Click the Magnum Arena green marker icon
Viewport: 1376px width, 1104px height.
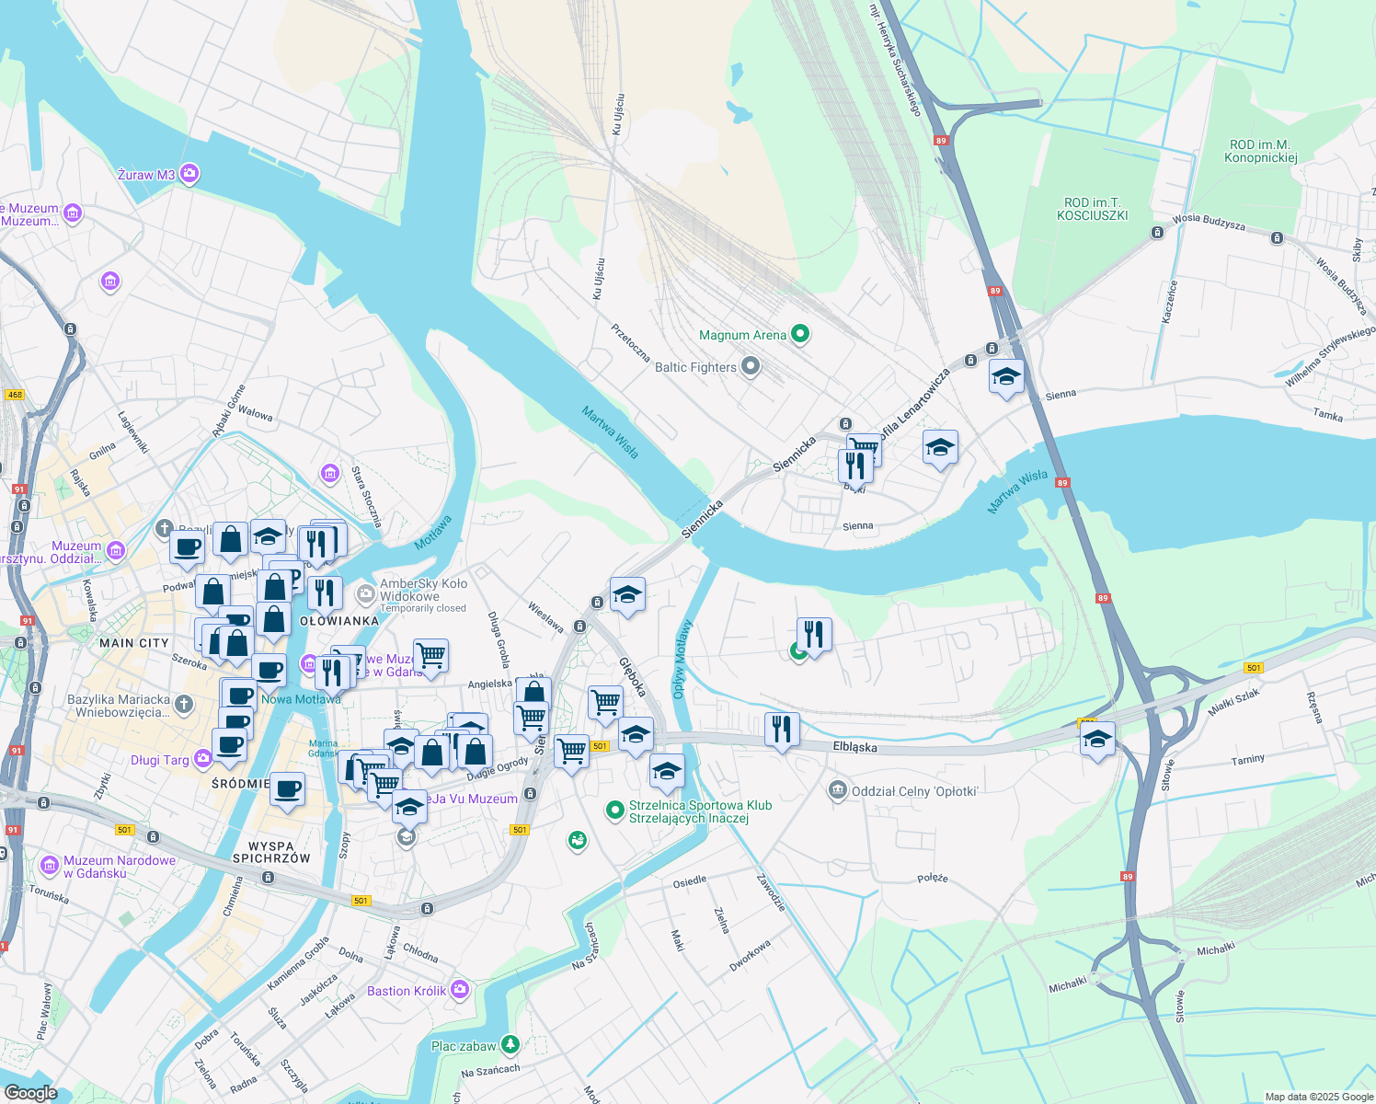pos(800,335)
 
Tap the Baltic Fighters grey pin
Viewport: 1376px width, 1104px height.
pos(751,367)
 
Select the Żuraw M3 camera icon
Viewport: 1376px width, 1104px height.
pos(189,173)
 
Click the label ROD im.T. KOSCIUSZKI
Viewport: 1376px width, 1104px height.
pos(1093,209)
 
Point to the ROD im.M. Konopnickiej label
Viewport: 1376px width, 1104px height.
pos(1260,151)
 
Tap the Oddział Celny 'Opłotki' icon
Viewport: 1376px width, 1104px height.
pos(837,790)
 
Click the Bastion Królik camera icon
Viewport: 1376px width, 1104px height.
pos(460,990)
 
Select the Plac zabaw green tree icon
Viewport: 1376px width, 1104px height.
pos(510,1045)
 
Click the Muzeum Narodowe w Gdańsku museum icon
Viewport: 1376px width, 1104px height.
pos(50,865)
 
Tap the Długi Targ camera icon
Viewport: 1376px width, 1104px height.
pos(203,759)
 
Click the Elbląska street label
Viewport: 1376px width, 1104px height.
pos(854,747)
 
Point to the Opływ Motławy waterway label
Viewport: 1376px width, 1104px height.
pos(682,659)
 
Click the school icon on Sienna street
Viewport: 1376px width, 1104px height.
pos(1006,377)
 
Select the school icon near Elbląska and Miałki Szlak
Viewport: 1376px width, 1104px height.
pos(1097,740)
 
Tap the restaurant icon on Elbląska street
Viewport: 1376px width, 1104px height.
pos(782,730)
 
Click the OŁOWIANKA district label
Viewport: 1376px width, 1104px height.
pos(339,621)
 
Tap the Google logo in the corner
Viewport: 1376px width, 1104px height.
pos(31,1092)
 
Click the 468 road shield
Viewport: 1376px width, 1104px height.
pos(14,395)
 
